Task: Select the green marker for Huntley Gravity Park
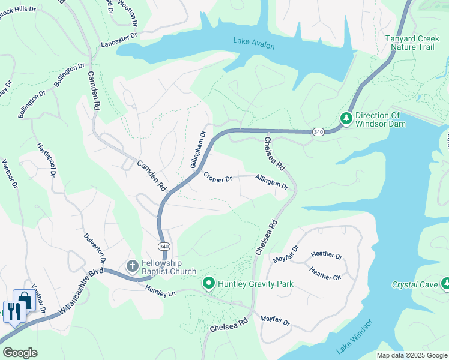click(209, 282)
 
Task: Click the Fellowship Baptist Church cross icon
click(132, 265)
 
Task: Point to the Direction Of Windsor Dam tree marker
click(346, 119)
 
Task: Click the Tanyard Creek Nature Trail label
click(417, 43)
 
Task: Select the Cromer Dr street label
click(217, 178)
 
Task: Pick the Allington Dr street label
click(271, 182)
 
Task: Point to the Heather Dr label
click(327, 256)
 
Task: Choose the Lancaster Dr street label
click(119, 44)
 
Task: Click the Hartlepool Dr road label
click(47, 160)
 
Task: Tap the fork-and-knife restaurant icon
click(13, 311)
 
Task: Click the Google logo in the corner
click(20, 353)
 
